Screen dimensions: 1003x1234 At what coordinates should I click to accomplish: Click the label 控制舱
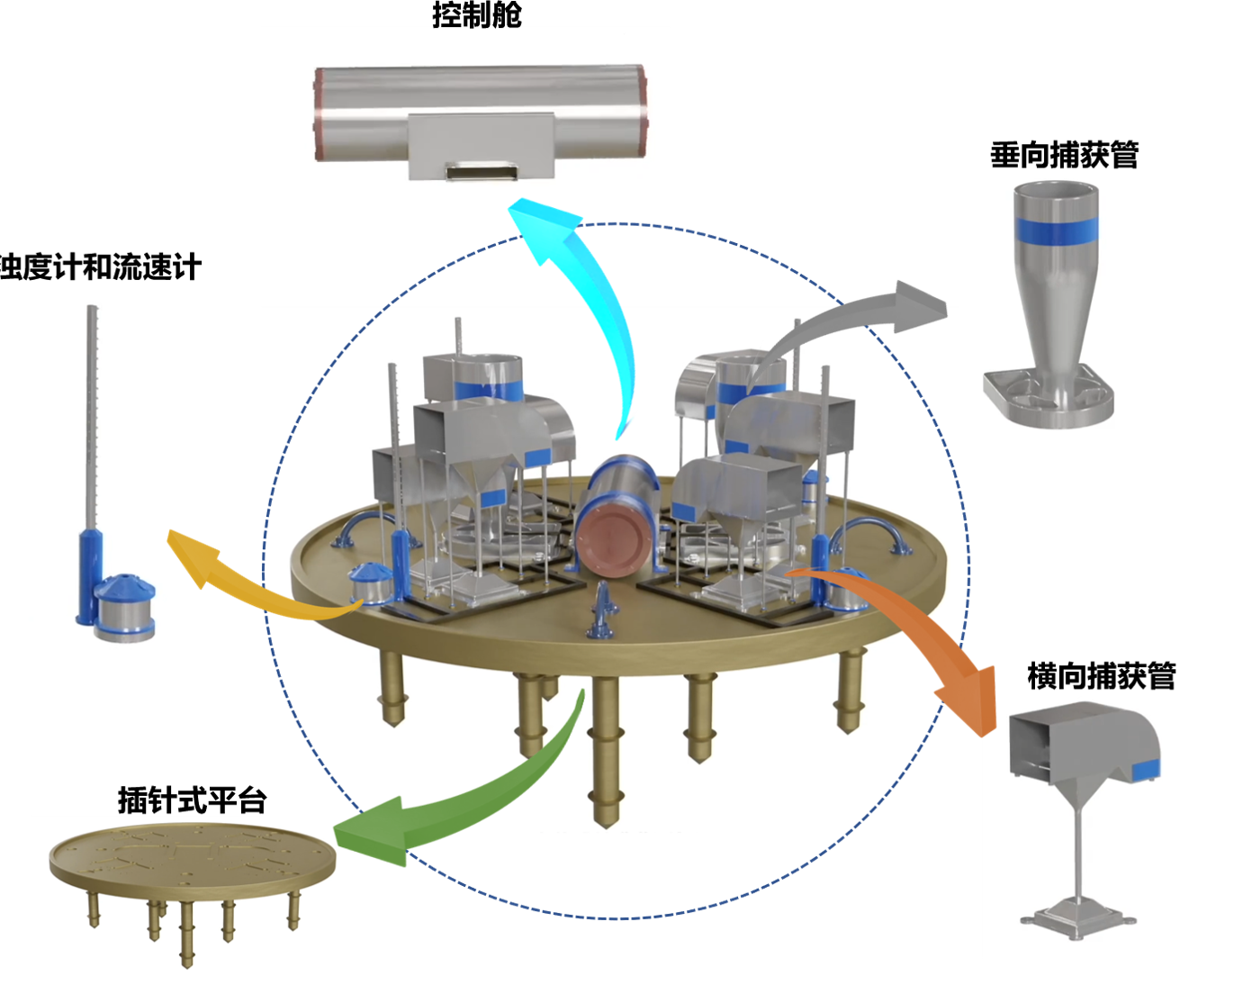(x=476, y=15)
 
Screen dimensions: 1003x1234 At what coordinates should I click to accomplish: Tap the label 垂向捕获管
(x=1064, y=155)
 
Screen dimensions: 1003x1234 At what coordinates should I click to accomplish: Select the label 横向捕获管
(x=1102, y=675)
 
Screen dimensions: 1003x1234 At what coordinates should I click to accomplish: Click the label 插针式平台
(x=192, y=800)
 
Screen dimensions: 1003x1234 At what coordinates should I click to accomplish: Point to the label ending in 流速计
(x=99, y=267)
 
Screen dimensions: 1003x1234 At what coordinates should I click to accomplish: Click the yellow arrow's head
(x=190, y=554)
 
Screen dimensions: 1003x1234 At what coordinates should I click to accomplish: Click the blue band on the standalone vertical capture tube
(x=1056, y=230)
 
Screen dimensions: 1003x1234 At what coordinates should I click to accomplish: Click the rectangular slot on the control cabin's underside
(x=481, y=170)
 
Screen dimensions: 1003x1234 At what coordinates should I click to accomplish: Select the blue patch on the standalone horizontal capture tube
(x=1146, y=769)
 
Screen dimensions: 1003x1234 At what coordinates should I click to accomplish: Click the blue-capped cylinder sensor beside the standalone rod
(x=125, y=608)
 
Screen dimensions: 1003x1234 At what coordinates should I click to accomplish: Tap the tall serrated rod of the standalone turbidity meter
(x=91, y=414)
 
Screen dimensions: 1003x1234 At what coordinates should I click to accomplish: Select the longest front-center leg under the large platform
(x=605, y=747)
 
